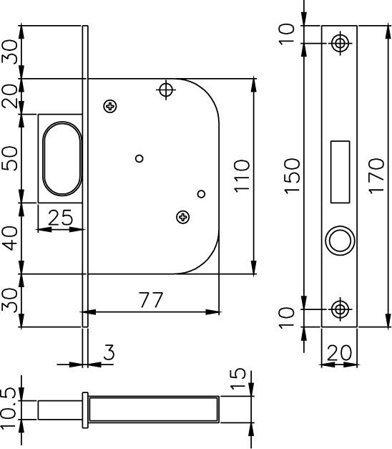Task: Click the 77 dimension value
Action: tap(151, 300)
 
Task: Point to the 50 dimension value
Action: tap(11, 158)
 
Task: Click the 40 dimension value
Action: tap(11, 238)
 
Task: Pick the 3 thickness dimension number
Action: tap(109, 352)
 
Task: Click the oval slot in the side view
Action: tap(60, 158)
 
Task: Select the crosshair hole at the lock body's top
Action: tap(167, 90)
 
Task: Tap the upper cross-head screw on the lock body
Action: tap(110, 106)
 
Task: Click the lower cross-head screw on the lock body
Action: tap(182, 216)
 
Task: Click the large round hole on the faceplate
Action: tap(339, 241)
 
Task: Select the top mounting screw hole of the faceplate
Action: tap(340, 43)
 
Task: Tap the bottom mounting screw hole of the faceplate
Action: tap(340, 309)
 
